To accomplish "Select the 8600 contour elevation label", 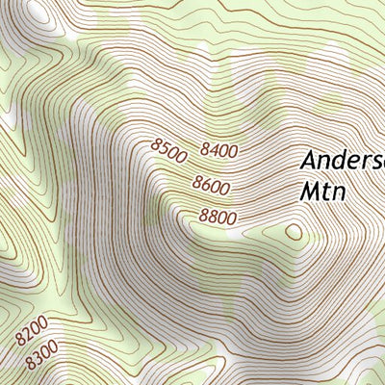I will pyautogui.click(x=211, y=183).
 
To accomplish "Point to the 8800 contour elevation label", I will pyautogui.click(x=218, y=218).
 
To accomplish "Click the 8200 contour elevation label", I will pyautogui.click(x=32, y=337).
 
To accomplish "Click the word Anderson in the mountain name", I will pyautogui.click(x=343, y=161).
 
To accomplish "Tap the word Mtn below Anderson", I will pyautogui.click(x=322, y=191).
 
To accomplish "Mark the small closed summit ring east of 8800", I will pyautogui.click(x=293, y=231).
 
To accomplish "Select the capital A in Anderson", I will pyautogui.click(x=310, y=161).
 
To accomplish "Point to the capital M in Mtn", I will pyautogui.click(x=310, y=191).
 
